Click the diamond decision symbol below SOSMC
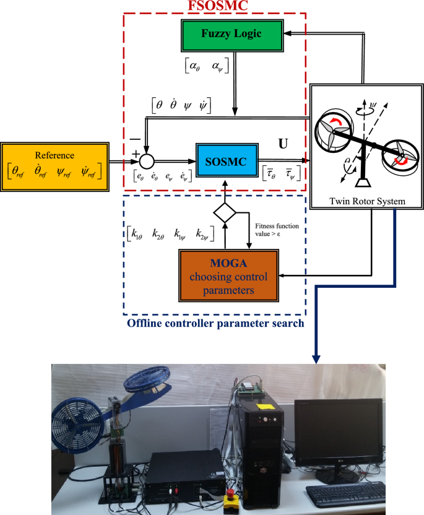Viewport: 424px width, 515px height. [x=224, y=214]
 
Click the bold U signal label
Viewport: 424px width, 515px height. [x=283, y=144]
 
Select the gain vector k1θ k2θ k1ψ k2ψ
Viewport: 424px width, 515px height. [x=165, y=235]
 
